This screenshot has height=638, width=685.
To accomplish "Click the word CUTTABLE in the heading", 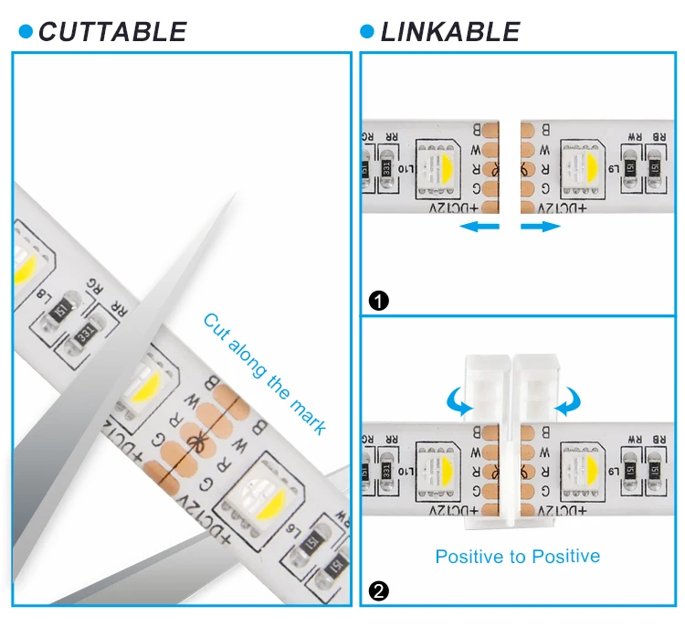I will (112, 32).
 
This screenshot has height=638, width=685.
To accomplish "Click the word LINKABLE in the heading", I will (450, 32).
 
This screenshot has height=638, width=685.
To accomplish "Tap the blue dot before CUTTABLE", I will (26, 32).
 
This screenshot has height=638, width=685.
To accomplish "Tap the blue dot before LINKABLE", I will (367, 32).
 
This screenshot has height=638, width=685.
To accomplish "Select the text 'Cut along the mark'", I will (263, 373).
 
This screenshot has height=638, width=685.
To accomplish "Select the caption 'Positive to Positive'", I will (517, 556).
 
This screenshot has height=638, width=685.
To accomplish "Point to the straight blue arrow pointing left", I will (481, 226).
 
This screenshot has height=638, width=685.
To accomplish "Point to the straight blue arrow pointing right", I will (540, 226).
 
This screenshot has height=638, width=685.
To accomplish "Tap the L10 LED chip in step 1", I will (437, 169).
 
